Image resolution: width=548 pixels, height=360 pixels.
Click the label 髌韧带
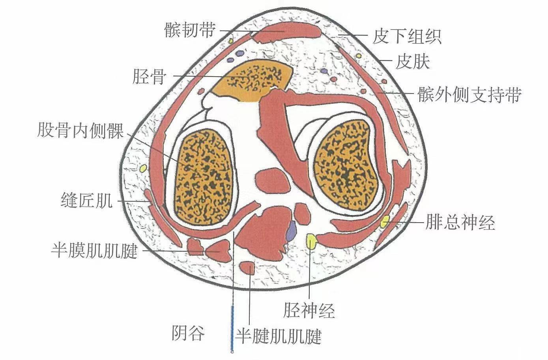[x=190, y=30]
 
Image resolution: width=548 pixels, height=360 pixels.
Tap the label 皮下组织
[x=406, y=37]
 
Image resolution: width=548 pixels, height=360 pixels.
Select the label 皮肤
[x=413, y=62]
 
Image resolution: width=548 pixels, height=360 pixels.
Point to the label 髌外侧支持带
[x=469, y=95]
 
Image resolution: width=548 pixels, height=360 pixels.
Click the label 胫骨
[x=149, y=77]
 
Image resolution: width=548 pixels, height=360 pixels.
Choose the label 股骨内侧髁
[x=80, y=130]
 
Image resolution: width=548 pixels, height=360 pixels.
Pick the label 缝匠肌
[x=86, y=201]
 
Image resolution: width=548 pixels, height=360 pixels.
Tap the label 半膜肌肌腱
[x=94, y=250]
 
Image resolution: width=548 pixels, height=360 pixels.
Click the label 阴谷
[x=188, y=333]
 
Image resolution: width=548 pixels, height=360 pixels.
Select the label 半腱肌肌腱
[x=279, y=337]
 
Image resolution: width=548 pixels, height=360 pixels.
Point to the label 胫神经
[x=309, y=310]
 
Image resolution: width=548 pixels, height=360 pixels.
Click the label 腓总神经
[x=460, y=223]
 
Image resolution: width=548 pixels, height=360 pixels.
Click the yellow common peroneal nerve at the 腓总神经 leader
[x=385, y=222]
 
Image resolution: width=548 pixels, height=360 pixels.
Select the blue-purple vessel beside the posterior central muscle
[x=291, y=231]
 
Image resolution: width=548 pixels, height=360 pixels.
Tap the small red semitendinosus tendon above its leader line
[x=248, y=268]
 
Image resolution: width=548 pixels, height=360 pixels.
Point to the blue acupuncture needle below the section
[x=232, y=328]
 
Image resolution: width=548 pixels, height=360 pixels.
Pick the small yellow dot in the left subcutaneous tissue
[x=143, y=169]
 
